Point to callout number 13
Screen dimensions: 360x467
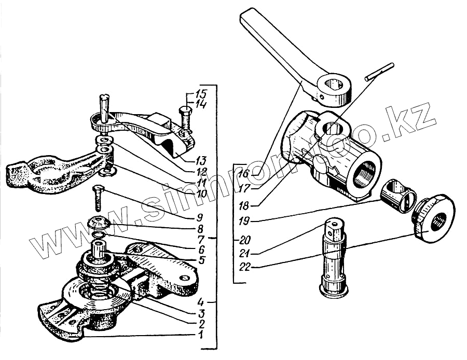pos(201,159)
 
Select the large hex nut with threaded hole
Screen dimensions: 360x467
pos(434,219)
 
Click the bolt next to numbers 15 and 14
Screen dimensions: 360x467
pos(185,117)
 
